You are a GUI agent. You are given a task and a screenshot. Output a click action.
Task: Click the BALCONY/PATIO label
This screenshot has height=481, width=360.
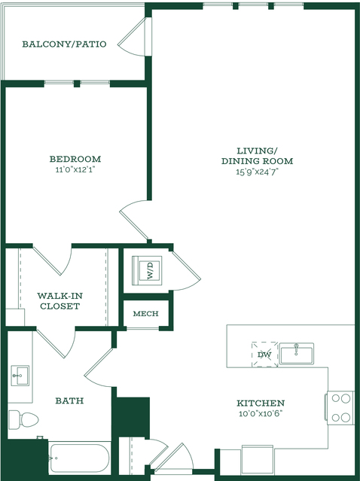64,44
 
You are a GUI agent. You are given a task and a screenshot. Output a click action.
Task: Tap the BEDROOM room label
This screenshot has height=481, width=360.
75,159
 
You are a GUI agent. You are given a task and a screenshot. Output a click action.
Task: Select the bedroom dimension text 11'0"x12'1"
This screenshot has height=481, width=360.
75,169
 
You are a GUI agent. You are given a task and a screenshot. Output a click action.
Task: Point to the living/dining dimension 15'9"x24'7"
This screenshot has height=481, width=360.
257,172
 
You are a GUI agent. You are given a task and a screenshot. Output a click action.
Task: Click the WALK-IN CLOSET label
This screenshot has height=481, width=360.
59,301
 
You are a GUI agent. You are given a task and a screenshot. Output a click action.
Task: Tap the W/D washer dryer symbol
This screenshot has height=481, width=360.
147,270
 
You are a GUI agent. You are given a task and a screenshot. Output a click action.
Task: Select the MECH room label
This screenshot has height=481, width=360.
146,313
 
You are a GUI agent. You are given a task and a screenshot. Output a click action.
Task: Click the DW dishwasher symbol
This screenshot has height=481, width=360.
264,355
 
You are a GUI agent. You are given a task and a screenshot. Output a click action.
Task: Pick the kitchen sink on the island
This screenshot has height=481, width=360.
296,353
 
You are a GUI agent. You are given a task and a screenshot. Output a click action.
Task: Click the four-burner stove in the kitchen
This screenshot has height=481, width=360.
340,408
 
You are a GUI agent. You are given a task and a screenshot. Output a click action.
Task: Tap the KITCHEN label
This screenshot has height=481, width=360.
261,403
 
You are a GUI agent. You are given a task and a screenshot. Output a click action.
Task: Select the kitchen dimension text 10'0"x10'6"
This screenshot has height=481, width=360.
261,413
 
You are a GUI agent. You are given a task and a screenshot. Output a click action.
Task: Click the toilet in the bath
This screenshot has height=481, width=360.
23,419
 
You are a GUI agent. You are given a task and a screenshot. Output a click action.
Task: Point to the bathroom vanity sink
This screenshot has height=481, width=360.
20,376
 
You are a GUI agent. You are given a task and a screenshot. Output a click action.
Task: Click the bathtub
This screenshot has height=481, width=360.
80,458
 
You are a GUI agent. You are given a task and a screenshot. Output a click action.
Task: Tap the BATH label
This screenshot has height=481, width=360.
69,400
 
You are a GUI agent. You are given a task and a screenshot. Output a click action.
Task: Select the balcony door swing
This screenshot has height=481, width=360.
131,37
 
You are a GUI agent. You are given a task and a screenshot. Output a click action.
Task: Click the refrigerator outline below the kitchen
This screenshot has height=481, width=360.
257,459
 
